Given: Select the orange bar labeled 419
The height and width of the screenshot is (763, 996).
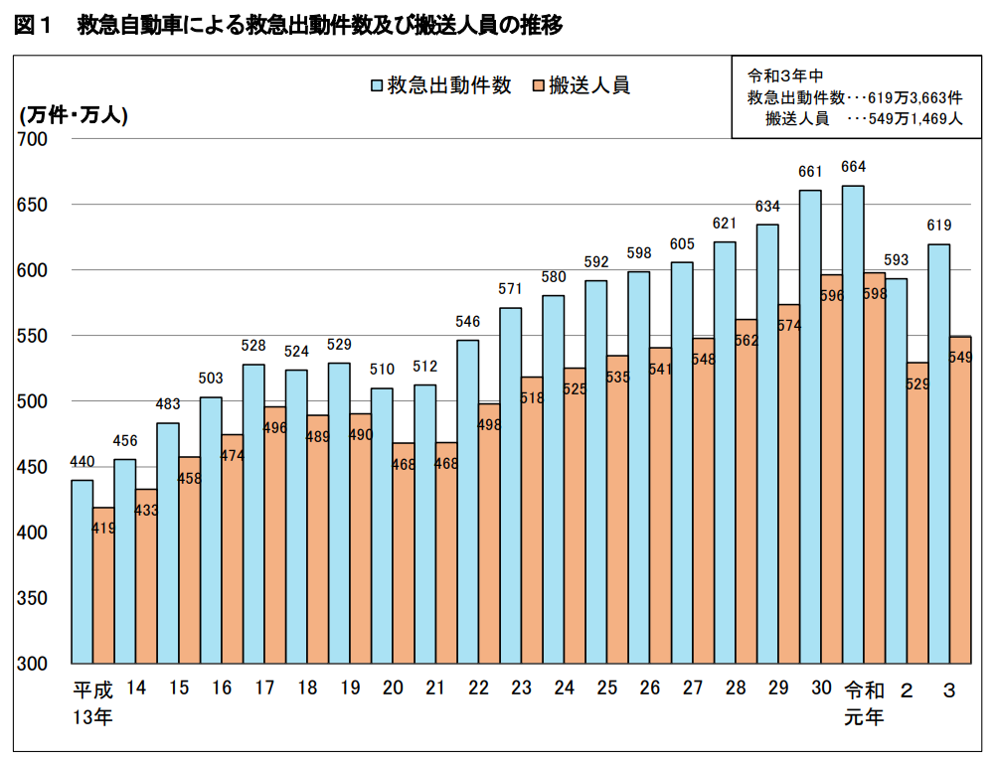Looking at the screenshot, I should [x=103, y=586].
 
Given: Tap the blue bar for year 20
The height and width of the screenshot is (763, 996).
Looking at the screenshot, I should [x=382, y=526].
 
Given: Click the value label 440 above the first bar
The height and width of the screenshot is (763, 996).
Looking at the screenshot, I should [x=82, y=462].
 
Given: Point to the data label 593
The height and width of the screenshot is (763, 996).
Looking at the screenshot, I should [x=896, y=260].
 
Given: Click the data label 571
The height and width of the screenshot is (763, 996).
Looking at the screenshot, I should [x=510, y=289].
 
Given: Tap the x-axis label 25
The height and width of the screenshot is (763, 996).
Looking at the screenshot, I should [x=606, y=688].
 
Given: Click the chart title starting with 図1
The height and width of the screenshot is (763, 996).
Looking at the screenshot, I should [x=288, y=27].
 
